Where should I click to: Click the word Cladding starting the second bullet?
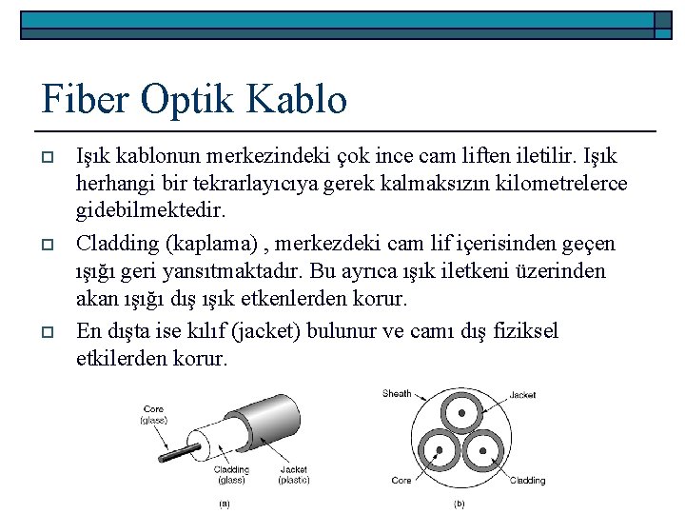click(117, 243)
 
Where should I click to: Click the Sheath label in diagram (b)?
click(397, 393)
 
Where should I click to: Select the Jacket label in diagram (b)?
click(522, 395)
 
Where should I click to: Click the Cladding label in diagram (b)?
click(527, 481)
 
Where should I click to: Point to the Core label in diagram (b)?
click(401, 481)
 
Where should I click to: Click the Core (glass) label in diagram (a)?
click(153, 414)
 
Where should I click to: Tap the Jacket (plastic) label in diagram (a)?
click(294, 474)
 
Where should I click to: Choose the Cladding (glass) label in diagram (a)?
click(231, 474)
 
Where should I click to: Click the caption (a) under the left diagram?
click(225, 504)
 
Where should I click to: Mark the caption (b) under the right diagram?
click(460, 504)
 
